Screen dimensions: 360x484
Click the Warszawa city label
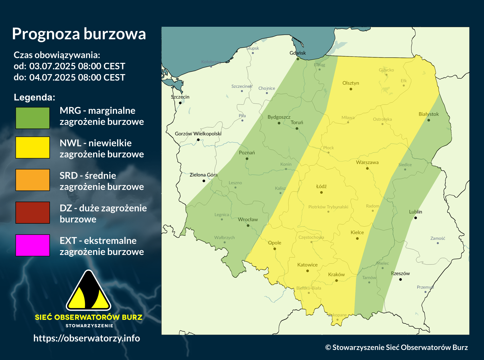click(x=367, y=162)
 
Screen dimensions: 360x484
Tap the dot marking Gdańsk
click(x=298, y=59)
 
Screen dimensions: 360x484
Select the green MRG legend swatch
click(x=33, y=118)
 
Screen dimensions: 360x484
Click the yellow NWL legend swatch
click(x=33, y=147)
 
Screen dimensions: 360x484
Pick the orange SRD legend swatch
click(x=33, y=180)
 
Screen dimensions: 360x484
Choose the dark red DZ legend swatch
click(x=33, y=212)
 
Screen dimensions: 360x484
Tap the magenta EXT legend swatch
click(x=33, y=245)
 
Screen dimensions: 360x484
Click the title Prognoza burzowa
click(x=79, y=34)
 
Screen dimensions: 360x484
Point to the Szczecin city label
click(x=180, y=97)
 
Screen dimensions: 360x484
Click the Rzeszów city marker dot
click(x=400, y=279)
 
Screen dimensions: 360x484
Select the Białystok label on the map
click(x=429, y=114)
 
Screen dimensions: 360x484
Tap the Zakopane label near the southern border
click(x=338, y=315)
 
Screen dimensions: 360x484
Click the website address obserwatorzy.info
click(x=87, y=338)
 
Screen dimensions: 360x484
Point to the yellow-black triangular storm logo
click(x=88, y=291)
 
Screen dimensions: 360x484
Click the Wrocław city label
click(x=248, y=219)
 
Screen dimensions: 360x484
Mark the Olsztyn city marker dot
click(x=351, y=89)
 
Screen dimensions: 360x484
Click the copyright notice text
click(x=396, y=347)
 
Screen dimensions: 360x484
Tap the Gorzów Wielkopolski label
click(x=198, y=134)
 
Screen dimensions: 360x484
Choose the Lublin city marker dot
click(x=416, y=218)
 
